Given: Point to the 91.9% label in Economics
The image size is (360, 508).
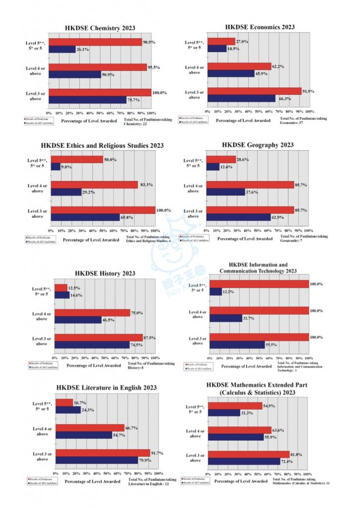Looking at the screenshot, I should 308,91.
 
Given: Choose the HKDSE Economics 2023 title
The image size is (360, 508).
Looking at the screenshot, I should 260,27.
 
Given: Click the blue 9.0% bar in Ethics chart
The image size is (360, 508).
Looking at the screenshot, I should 55,167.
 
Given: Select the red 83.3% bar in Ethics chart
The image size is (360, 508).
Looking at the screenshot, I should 94,185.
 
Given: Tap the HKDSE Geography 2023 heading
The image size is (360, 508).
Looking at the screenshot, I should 258,145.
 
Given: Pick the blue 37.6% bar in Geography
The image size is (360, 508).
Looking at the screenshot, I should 225,191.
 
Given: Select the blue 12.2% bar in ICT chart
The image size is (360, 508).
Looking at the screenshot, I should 216,292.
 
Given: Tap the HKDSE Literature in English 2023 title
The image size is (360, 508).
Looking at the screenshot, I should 107,387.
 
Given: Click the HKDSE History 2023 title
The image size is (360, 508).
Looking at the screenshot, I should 105,273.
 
